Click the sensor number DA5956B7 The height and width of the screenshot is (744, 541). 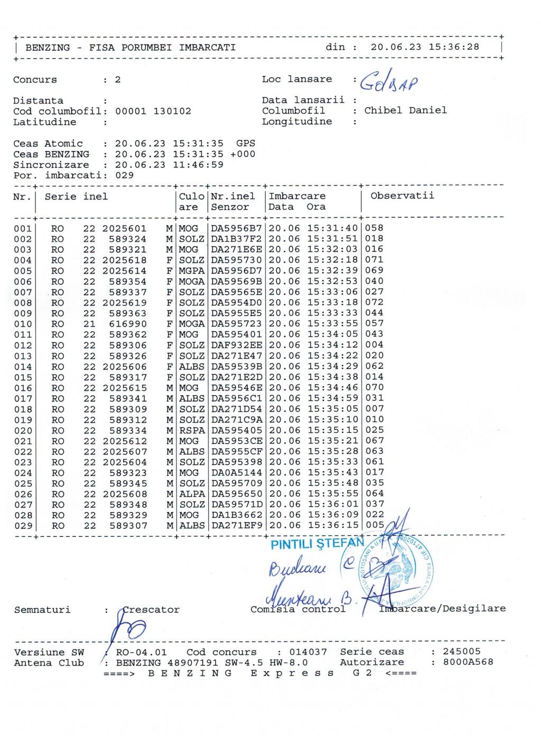(237, 228)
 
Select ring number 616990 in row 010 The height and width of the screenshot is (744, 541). (128, 324)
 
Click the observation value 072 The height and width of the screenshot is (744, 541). (374, 303)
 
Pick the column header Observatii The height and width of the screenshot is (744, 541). (402, 196)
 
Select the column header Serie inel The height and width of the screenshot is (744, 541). (76, 197)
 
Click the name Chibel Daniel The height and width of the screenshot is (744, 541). (405, 110)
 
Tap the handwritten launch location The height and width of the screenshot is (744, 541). (388, 81)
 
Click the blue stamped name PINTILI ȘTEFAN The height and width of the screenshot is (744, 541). (317, 544)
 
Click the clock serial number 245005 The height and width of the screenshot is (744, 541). (462, 652)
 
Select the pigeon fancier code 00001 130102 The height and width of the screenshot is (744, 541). (153, 111)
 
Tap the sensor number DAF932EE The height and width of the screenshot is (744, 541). (237, 345)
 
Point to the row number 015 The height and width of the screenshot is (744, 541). (23, 377)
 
